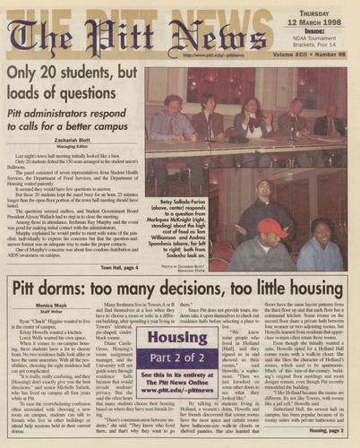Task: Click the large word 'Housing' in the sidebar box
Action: pos(178,340)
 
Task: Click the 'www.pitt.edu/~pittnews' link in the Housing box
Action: pos(178,391)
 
